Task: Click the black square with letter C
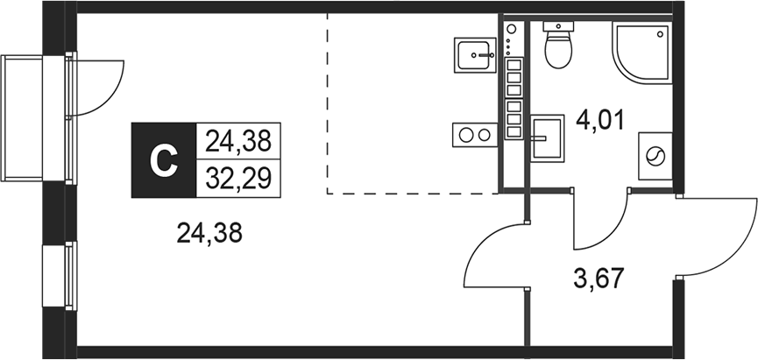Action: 164,159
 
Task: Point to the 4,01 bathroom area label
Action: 599,118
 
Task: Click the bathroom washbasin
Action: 549,136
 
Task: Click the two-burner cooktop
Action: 473,135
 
